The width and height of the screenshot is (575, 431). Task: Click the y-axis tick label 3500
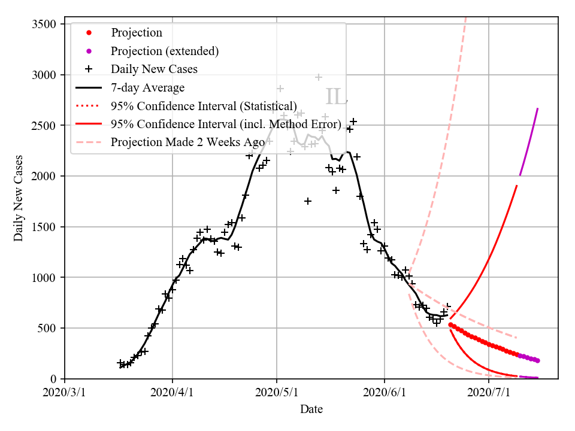click(x=44, y=24)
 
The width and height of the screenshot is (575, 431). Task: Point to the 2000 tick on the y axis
click(x=44, y=176)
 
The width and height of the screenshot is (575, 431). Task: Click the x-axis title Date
click(x=311, y=409)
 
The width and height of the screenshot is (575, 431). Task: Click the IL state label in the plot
click(x=336, y=97)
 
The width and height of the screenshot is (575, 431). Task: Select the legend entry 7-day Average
click(x=147, y=88)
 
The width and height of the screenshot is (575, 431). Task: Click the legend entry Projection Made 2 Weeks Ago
click(x=187, y=142)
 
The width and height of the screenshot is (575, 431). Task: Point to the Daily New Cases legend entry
click(x=154, y=69)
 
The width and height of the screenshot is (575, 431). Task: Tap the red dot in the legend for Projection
click(x=89, y=33)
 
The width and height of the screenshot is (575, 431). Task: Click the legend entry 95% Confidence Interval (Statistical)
click(x=204, y=106)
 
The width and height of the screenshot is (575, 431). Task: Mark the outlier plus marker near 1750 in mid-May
click(x=307, y=201)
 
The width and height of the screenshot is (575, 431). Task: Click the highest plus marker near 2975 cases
click(x=319, y=77)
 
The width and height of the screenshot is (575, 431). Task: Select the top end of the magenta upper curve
click(x=537, y=109)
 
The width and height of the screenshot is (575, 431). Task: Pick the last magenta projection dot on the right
click(x=537, y=360)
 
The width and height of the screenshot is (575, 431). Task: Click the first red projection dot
click(x=450, y=325)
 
